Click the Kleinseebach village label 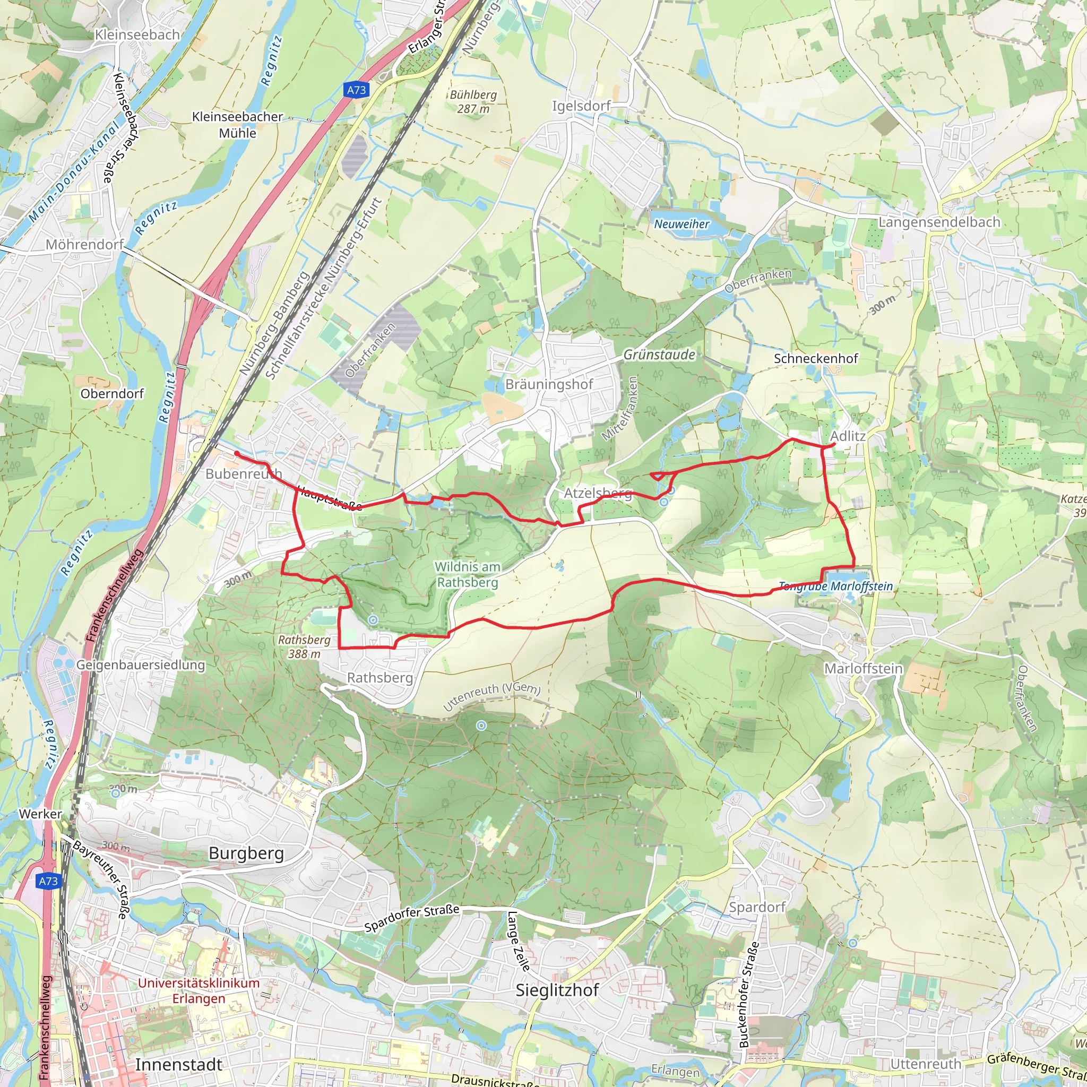pyautogui.click(x=137, y=35)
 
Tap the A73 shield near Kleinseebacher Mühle pyautogui.click(x=356, y=90)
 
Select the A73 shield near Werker pyautogui.click(x=48, y=881)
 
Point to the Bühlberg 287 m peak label pyautogui.click(x=473, y=102)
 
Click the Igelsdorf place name pyautogui.click(x=581, y=106)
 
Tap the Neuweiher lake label pyautogui.click(x=681, y=224)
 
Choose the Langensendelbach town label pyautogui.click(x=939, y=222)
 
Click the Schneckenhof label pyautogui.click(x=816, y=358)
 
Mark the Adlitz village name pyautogui.click(x=848, y=436)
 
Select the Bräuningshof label pyautogui.click(x=549, y=385)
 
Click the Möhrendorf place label pyautogui.click(x=84, y=245)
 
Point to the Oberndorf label pyautogui.click(x=112, y=394)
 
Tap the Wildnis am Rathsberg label pyautogui.click(x=468, y=574)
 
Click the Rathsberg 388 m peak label pyautogui.click(x=304, y=647)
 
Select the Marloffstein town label pyautogui.click(x=863, y=669)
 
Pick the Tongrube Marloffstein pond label pyautogui.click(x=836, y=586)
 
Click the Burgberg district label pyautogui.click(x=246, y=853)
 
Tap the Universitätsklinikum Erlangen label pyautogui.click(x=199, y=991)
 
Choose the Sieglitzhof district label pyautogui.click(x=557, y=990)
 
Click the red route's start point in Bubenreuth pyautogui.click(x=237, y=453)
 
